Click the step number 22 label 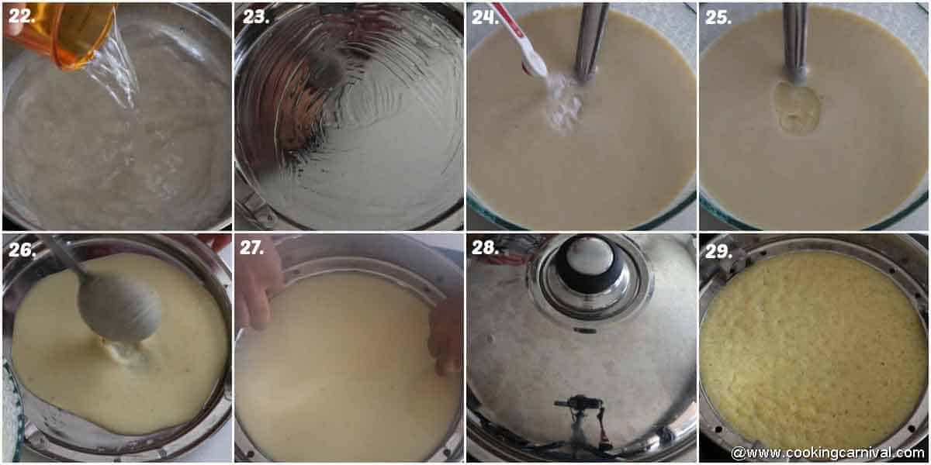[22, 16]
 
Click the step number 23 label [255, 16]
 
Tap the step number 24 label [485, 16]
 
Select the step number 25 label [718, 16]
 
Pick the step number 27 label [252, 249]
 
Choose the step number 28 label [485, 249]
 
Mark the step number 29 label [718, 249]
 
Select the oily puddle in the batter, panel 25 [796, 108]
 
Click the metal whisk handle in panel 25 [794, 39]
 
